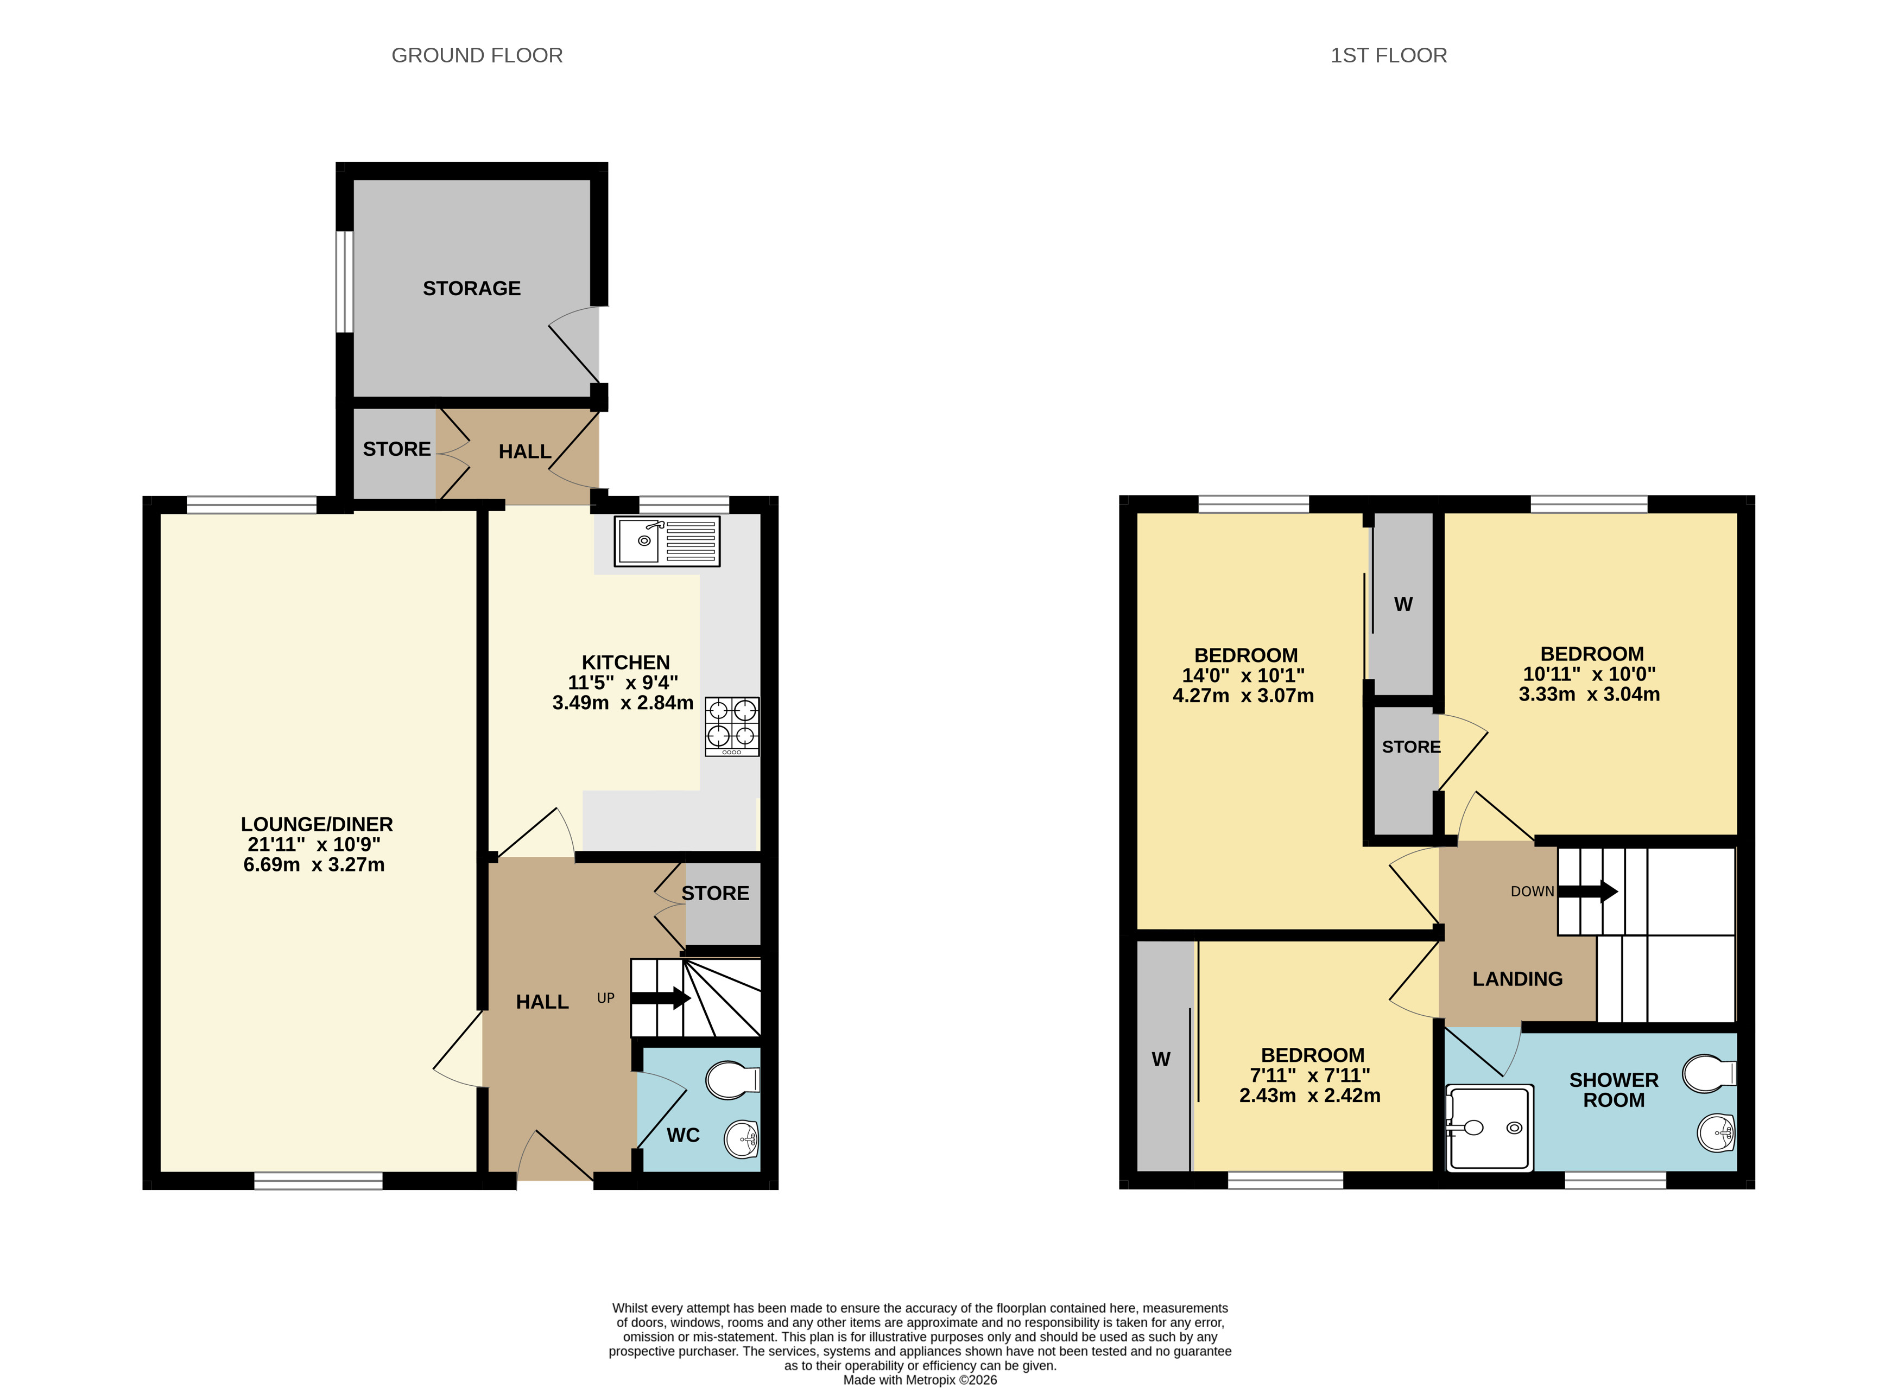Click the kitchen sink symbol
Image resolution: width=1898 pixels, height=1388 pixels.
667,542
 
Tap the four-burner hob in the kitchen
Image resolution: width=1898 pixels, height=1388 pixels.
731,726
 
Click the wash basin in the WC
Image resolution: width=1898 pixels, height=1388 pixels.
742,1139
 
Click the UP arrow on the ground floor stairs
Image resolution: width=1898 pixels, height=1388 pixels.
661,998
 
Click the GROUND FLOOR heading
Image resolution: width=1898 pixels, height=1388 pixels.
477,55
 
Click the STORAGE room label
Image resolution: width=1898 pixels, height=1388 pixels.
472,288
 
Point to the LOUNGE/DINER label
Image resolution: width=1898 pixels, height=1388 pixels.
317,824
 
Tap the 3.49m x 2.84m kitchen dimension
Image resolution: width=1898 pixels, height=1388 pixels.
623,702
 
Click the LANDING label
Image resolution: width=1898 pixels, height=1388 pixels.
1517,979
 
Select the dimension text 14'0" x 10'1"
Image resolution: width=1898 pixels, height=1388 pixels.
1243,676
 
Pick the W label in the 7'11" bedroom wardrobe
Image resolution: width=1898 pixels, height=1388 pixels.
1161,1060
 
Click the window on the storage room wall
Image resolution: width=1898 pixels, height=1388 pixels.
344,282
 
